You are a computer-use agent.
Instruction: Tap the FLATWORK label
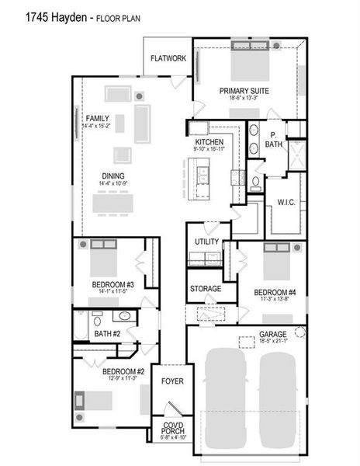(x=167, y=57)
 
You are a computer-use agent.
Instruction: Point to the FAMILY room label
(x=97, y=117)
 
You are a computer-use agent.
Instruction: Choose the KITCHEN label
(x=209, y=142)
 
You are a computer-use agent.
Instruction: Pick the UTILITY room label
(x=206, y=242)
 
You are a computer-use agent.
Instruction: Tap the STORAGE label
(x=206, y=289)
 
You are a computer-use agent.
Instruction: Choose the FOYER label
(x=171, y=382)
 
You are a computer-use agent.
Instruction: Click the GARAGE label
(x=273, y=334)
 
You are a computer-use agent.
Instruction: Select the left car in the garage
(x=225, y=396)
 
